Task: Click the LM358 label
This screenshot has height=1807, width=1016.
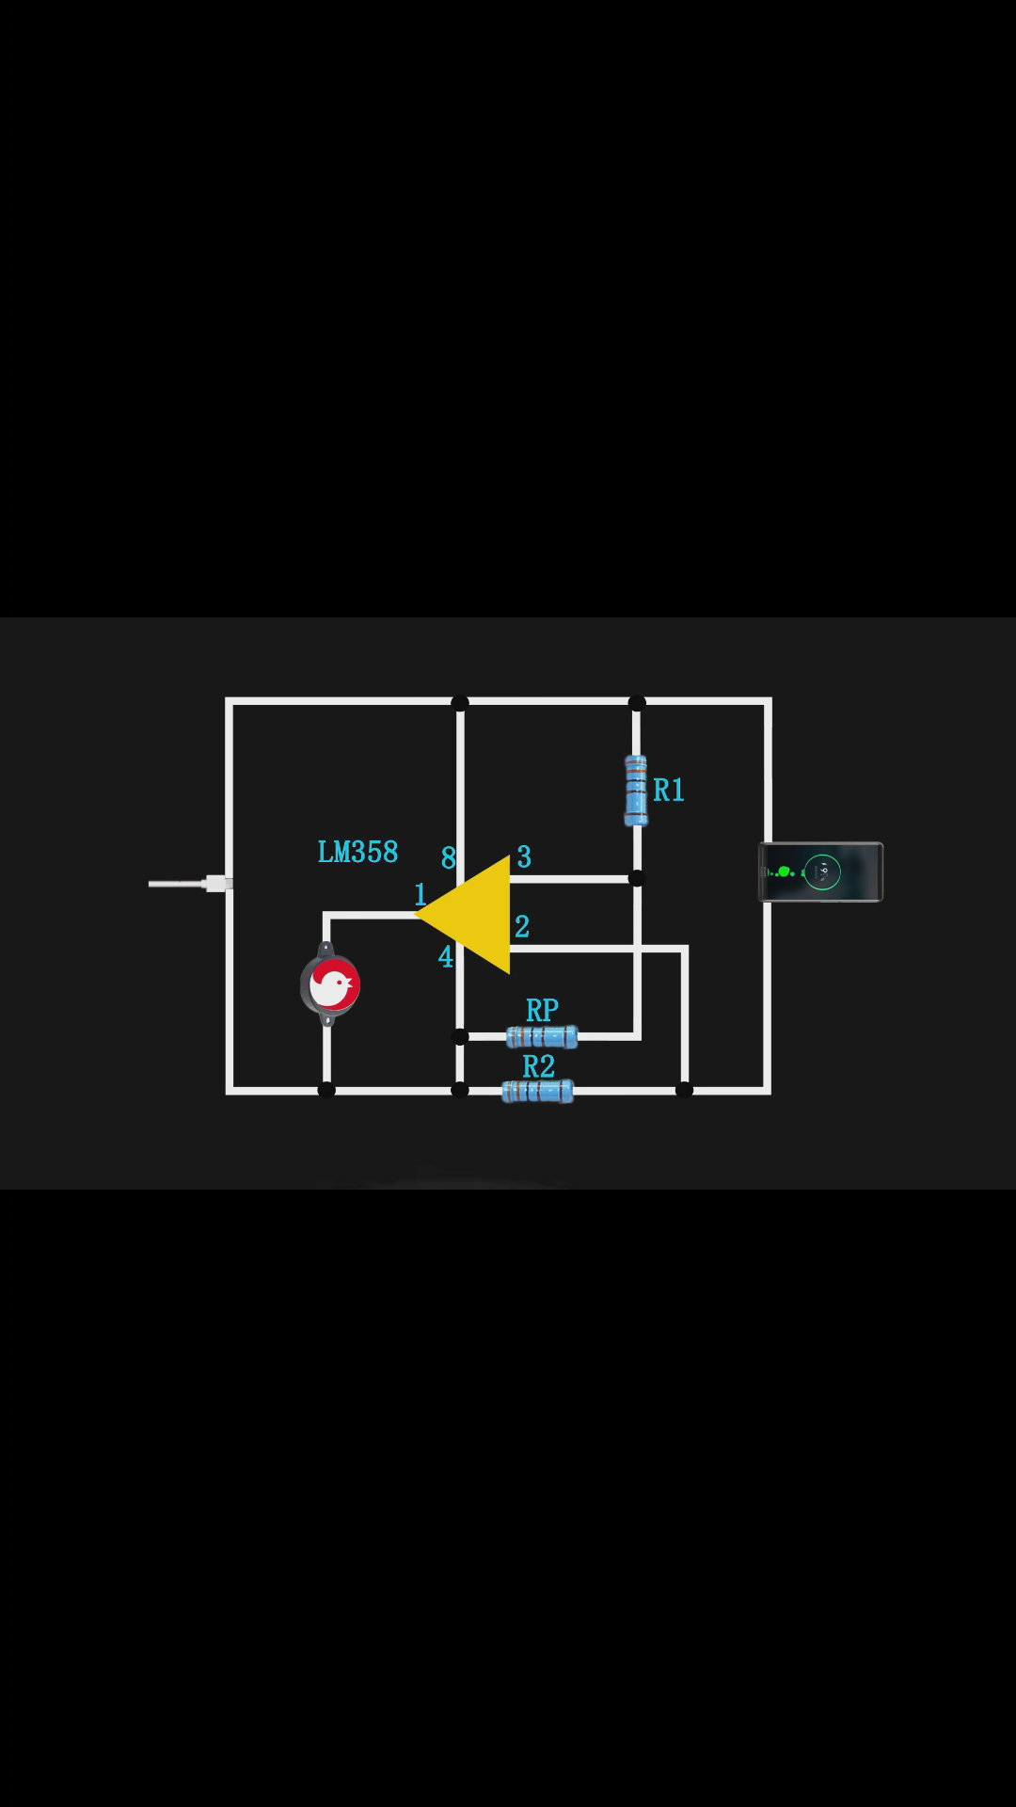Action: (x=357, y=852)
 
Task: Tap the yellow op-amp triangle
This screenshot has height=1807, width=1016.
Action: (x=475, y=914)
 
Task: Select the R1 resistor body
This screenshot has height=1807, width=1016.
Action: (x=636, y=791)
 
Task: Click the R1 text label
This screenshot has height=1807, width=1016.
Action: (x=669, y=790)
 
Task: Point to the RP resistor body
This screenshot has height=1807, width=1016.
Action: (x=542, y=1036)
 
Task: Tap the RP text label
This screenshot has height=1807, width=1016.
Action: (x=542, y=1010)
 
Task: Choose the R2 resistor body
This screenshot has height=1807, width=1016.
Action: (x=537, y=1091)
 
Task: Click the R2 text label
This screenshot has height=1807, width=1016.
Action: (x=538, y=1066)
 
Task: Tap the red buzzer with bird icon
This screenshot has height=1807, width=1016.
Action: (x=330, y=984)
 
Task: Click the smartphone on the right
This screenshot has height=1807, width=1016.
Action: (x=821, y=872)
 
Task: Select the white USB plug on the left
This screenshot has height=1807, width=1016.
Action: (x=191, y=884)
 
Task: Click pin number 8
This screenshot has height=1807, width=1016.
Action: (x=449, y=858)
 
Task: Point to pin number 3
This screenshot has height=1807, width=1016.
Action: (x=524, y=856)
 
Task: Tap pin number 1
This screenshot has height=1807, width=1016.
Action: (x=421, y=894)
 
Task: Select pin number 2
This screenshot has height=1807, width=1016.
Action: (x=522, y=926)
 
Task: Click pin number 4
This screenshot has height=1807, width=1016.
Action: (x=446, y=957)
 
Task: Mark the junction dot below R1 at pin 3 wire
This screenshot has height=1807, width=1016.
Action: (x=637, y=878)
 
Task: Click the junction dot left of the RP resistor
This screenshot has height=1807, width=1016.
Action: (x=460, y=1037)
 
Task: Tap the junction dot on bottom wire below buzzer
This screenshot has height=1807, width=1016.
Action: (x=326, y=1090)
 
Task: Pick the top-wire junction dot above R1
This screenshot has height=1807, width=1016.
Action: (x=637, y=702)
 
